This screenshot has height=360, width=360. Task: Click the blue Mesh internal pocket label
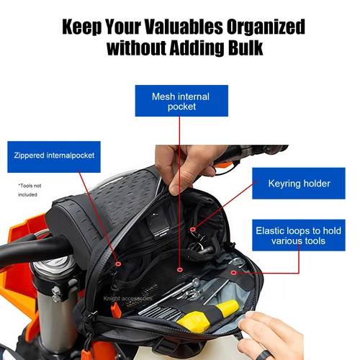point(181,101)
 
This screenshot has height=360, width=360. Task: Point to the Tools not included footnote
point(30,190)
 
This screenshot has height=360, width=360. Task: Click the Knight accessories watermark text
point(127,297)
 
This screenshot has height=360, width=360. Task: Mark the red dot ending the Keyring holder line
point(192,230)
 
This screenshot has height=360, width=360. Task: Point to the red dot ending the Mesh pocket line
point(180,277)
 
